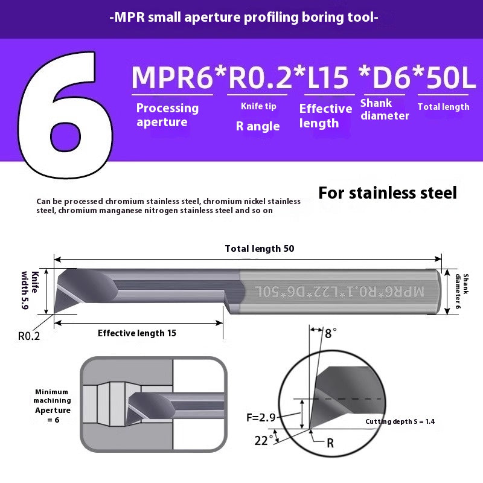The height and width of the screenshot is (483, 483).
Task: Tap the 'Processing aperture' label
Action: [167, 115]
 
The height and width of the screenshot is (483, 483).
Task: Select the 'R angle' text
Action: [258, 126]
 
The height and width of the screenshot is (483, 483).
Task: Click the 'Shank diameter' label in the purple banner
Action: [385, 109]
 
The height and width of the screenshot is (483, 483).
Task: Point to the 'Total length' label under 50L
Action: [443, 107]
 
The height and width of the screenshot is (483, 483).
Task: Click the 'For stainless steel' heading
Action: [388, 193]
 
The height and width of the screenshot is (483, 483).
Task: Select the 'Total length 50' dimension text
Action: [260, 249]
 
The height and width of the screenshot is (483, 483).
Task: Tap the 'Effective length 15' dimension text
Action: [137, 333]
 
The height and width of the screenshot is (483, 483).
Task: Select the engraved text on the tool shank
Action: [340, 291]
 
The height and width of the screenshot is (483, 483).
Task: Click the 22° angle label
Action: [262, 440]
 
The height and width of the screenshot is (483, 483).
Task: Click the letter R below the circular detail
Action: [330, 443]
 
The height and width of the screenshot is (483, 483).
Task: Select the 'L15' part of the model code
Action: [328, 78]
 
